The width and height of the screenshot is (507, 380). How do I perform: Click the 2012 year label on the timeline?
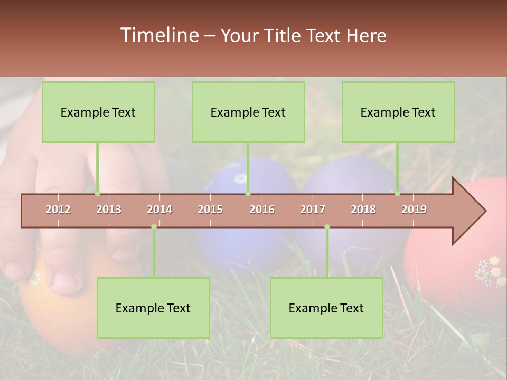pos(58,210)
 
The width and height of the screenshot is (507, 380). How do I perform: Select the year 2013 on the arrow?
pos(109,210)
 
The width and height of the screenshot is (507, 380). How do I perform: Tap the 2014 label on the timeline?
pos(159,210)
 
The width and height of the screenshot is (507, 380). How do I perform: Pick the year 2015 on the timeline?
pos(210,210)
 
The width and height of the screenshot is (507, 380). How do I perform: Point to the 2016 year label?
pos(262,210)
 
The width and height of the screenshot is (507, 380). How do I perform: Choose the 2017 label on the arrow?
pos(313,210)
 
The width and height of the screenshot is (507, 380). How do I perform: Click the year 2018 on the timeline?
pos(363,210)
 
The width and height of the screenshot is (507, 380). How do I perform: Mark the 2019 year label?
pos(414,210)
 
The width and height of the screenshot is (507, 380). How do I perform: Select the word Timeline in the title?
pos(159,35)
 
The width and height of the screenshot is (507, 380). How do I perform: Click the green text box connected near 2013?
pos(98,112)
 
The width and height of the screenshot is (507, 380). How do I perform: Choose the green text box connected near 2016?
pos(248,112)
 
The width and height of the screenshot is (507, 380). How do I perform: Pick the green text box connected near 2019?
pos(398,112)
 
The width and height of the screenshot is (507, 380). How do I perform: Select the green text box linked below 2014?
pos(153,308)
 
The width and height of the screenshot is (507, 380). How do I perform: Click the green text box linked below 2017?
pos(326,308)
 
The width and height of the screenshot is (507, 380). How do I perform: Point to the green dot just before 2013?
pos(97,194)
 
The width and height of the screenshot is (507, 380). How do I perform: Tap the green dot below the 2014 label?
pos(154,227)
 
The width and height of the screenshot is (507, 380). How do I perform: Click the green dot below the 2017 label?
pos(327,227)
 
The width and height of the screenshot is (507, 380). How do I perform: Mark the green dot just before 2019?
pos(397,194)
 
